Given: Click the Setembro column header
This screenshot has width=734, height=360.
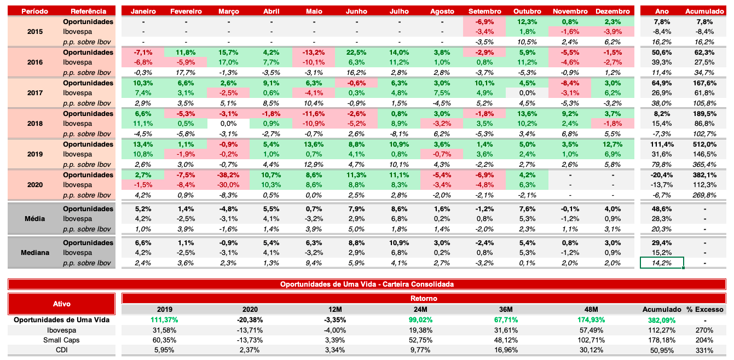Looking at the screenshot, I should (x=485, y=11).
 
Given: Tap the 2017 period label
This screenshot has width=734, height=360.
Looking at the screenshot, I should (x=34, y=93).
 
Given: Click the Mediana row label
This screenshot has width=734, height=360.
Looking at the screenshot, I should (x=34, y=253).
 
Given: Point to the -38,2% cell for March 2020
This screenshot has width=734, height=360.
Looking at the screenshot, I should (x=228, y=175).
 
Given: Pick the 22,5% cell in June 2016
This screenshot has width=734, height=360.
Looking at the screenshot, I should (x=356, y=53).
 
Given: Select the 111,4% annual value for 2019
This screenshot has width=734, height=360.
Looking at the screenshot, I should (x=662, y=144).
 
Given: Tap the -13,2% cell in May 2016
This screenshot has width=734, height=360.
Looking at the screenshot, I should (x=314, y=53).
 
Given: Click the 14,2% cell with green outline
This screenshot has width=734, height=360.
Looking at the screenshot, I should (x=662, y=263).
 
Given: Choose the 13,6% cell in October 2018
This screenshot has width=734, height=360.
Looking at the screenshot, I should (x=528, y=114).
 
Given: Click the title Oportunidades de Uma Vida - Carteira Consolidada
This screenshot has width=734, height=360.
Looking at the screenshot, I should (x=367, y=284).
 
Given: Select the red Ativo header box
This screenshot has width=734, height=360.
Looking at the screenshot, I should (x=61, y=304).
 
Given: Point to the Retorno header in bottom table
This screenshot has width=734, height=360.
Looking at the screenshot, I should (x=424, y=299).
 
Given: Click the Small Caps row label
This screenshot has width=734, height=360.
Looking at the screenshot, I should (x=61, y=340).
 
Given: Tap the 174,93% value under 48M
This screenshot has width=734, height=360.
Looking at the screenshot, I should (x=591, y=320).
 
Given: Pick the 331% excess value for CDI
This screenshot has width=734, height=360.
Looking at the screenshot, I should (x=706, y=350).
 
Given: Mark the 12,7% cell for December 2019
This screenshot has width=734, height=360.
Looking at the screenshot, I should (x=612, y=144).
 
